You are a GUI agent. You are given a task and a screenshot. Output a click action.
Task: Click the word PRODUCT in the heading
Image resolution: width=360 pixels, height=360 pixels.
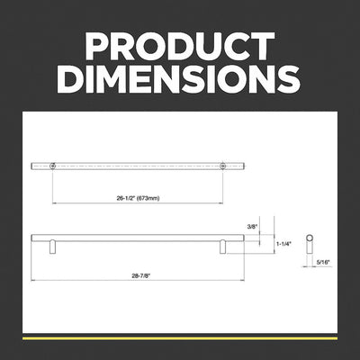point(180,46)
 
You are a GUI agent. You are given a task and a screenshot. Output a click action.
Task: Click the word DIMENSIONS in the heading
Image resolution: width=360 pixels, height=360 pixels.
point(180,78)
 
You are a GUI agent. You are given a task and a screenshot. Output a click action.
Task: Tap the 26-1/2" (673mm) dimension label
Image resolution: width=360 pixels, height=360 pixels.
point(138,198)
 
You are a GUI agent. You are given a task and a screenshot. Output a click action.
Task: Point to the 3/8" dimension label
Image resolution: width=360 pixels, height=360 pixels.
point(253,227)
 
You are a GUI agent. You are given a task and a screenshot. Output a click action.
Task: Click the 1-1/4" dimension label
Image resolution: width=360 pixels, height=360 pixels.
point(283,244)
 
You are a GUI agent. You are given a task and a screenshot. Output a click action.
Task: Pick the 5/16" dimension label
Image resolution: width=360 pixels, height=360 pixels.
point(323,262)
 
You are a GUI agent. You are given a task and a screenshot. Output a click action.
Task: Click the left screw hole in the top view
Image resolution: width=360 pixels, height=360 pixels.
point(53,166)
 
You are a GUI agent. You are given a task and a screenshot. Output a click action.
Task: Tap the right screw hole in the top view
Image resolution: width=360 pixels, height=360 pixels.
point(222,166)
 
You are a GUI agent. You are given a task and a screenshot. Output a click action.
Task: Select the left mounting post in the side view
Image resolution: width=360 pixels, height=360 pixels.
point(53,247)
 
